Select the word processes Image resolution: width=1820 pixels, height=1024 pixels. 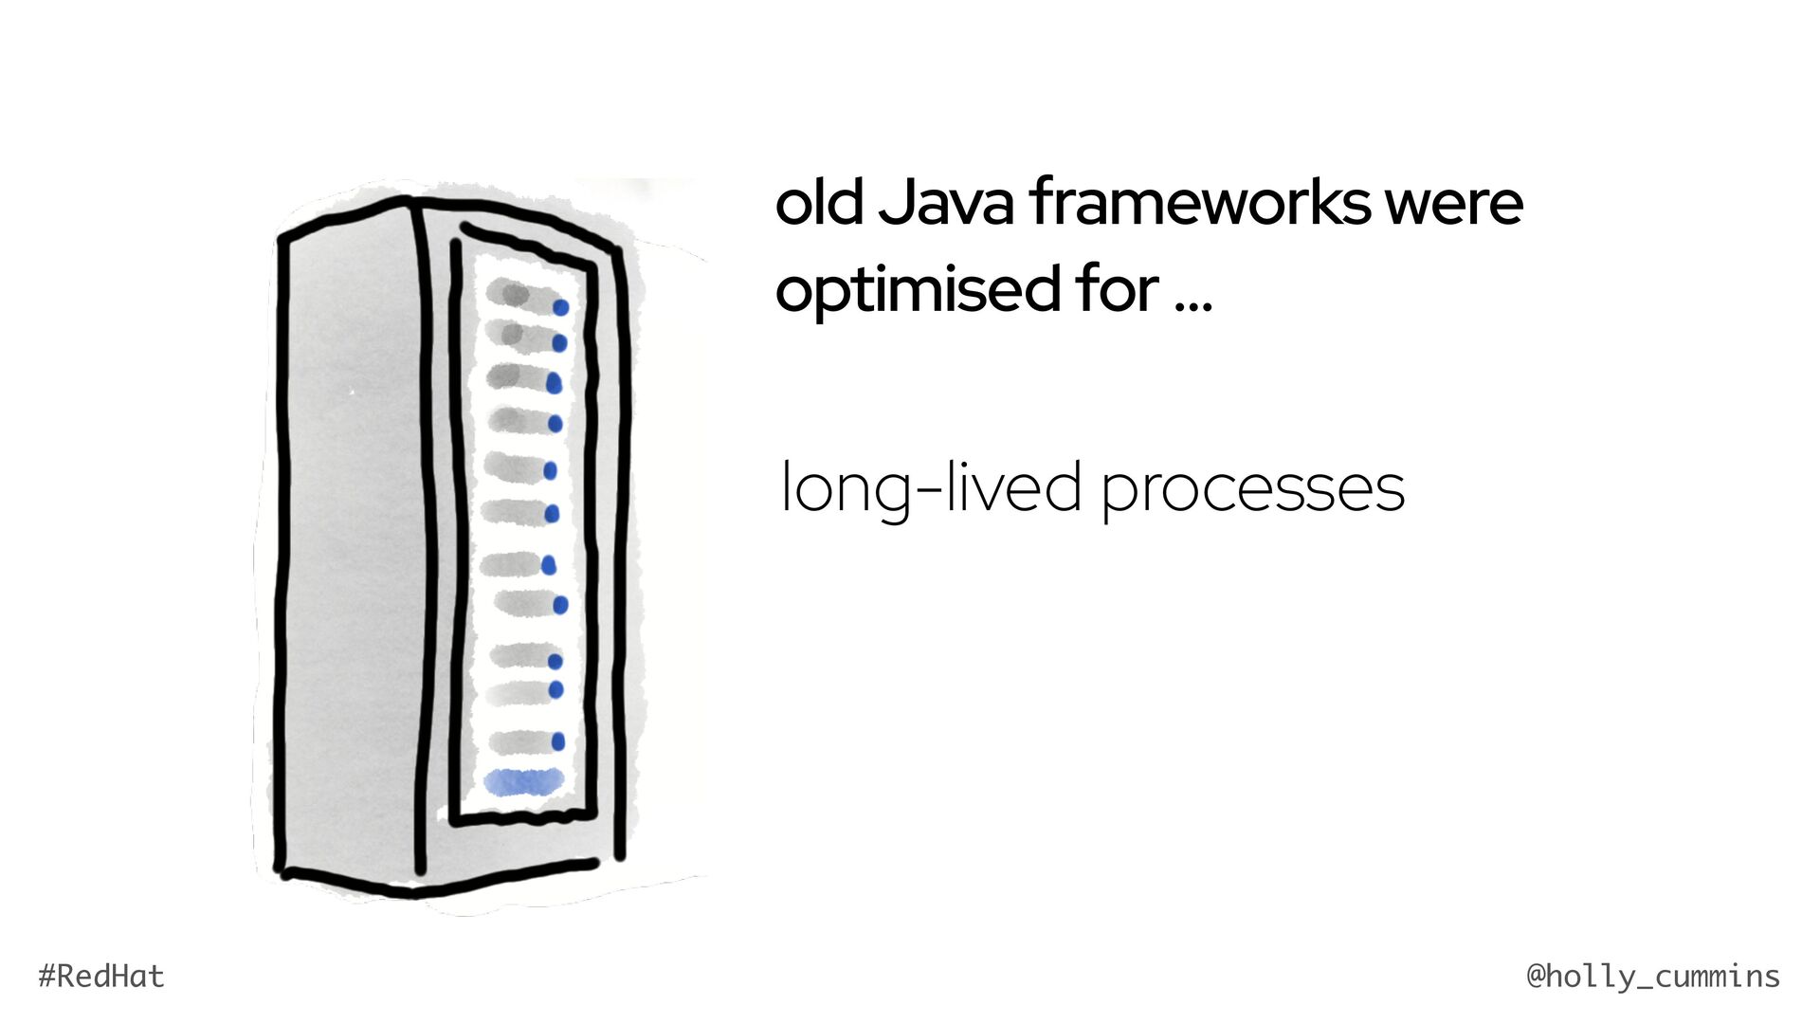coord(1252,492)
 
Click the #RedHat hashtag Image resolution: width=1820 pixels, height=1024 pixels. coord(101,977)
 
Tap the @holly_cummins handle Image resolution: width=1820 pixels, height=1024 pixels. coord(1653,977)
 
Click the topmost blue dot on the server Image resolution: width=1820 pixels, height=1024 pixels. coord(561,307)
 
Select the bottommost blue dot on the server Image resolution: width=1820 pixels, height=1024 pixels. coord(558,741)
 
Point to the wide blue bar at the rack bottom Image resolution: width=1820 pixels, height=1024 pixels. coord(524,781)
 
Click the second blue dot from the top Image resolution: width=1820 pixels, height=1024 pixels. coord(559,342)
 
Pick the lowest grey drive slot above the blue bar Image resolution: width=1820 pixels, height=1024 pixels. coord(519,741)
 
